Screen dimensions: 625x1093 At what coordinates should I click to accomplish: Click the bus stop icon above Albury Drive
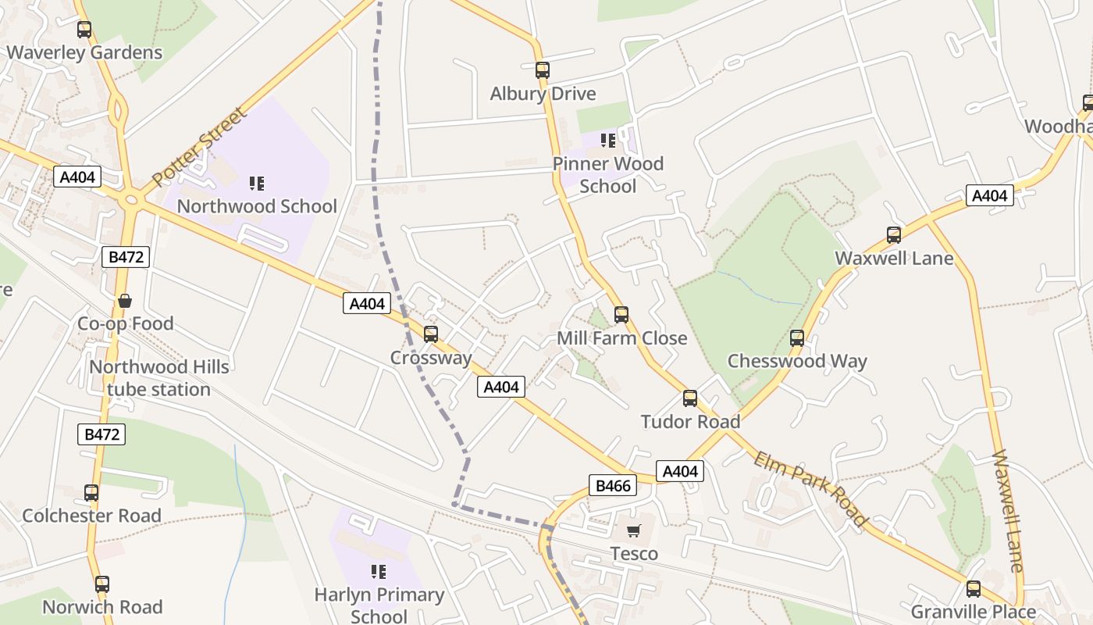pyautogui.click(x=543, y=70)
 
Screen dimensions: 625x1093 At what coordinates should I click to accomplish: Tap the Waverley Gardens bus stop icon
pyautogui.click(x=84, y=30)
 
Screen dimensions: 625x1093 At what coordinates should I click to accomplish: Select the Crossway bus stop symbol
pyautogui.click(x=430, y=334)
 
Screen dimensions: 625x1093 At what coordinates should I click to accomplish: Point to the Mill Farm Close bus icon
pyautogui.click(x=621, y=315)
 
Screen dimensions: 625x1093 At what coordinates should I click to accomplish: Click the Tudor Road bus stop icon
pyautogui.click(x=690, y=398)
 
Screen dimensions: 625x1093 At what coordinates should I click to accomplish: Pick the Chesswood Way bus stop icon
pyautogui.click(x=797, y=338)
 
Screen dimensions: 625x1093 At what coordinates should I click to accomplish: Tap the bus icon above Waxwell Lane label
pyautogui.click(x=894, y=234)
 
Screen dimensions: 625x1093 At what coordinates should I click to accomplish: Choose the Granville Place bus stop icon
pyautogui.click(x=974, y=589)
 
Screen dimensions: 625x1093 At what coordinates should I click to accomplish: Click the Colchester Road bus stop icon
pyautogui.click(x=91, y=493)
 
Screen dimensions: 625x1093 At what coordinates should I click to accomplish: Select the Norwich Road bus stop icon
pyautogui.click(x=102, y=584)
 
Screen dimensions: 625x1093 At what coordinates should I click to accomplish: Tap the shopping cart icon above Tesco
pyautogui.click(x=633, y=531)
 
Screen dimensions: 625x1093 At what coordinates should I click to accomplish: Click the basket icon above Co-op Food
pyautogui.click(x=125, y=301)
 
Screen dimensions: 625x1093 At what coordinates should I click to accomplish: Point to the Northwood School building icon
pyautogui.click(x=257, y=184)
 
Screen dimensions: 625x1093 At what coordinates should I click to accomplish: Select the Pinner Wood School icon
pyautogui.click(x=608, y=141)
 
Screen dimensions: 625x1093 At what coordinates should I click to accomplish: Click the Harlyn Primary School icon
pyautogui.click(x=379, y=572)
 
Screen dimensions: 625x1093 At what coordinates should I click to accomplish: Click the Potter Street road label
pyautogui.click(x=200, y=147)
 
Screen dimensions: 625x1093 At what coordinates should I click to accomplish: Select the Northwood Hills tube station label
pyautogui.click(x=159, y=378)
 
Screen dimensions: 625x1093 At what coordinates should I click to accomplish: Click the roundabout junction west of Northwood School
pyautogui.click(x=131, y=200)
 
